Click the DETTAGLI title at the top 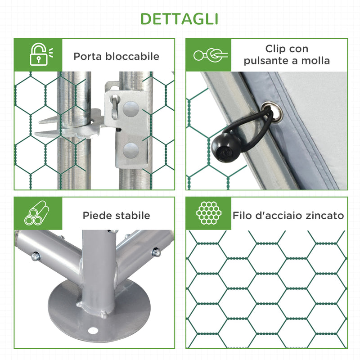pos(180,18)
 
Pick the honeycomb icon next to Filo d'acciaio pos(208,213)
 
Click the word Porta pos(88,57)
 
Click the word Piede pos(96,216)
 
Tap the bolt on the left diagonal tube pos(35,256)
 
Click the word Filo pos(243,216)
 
